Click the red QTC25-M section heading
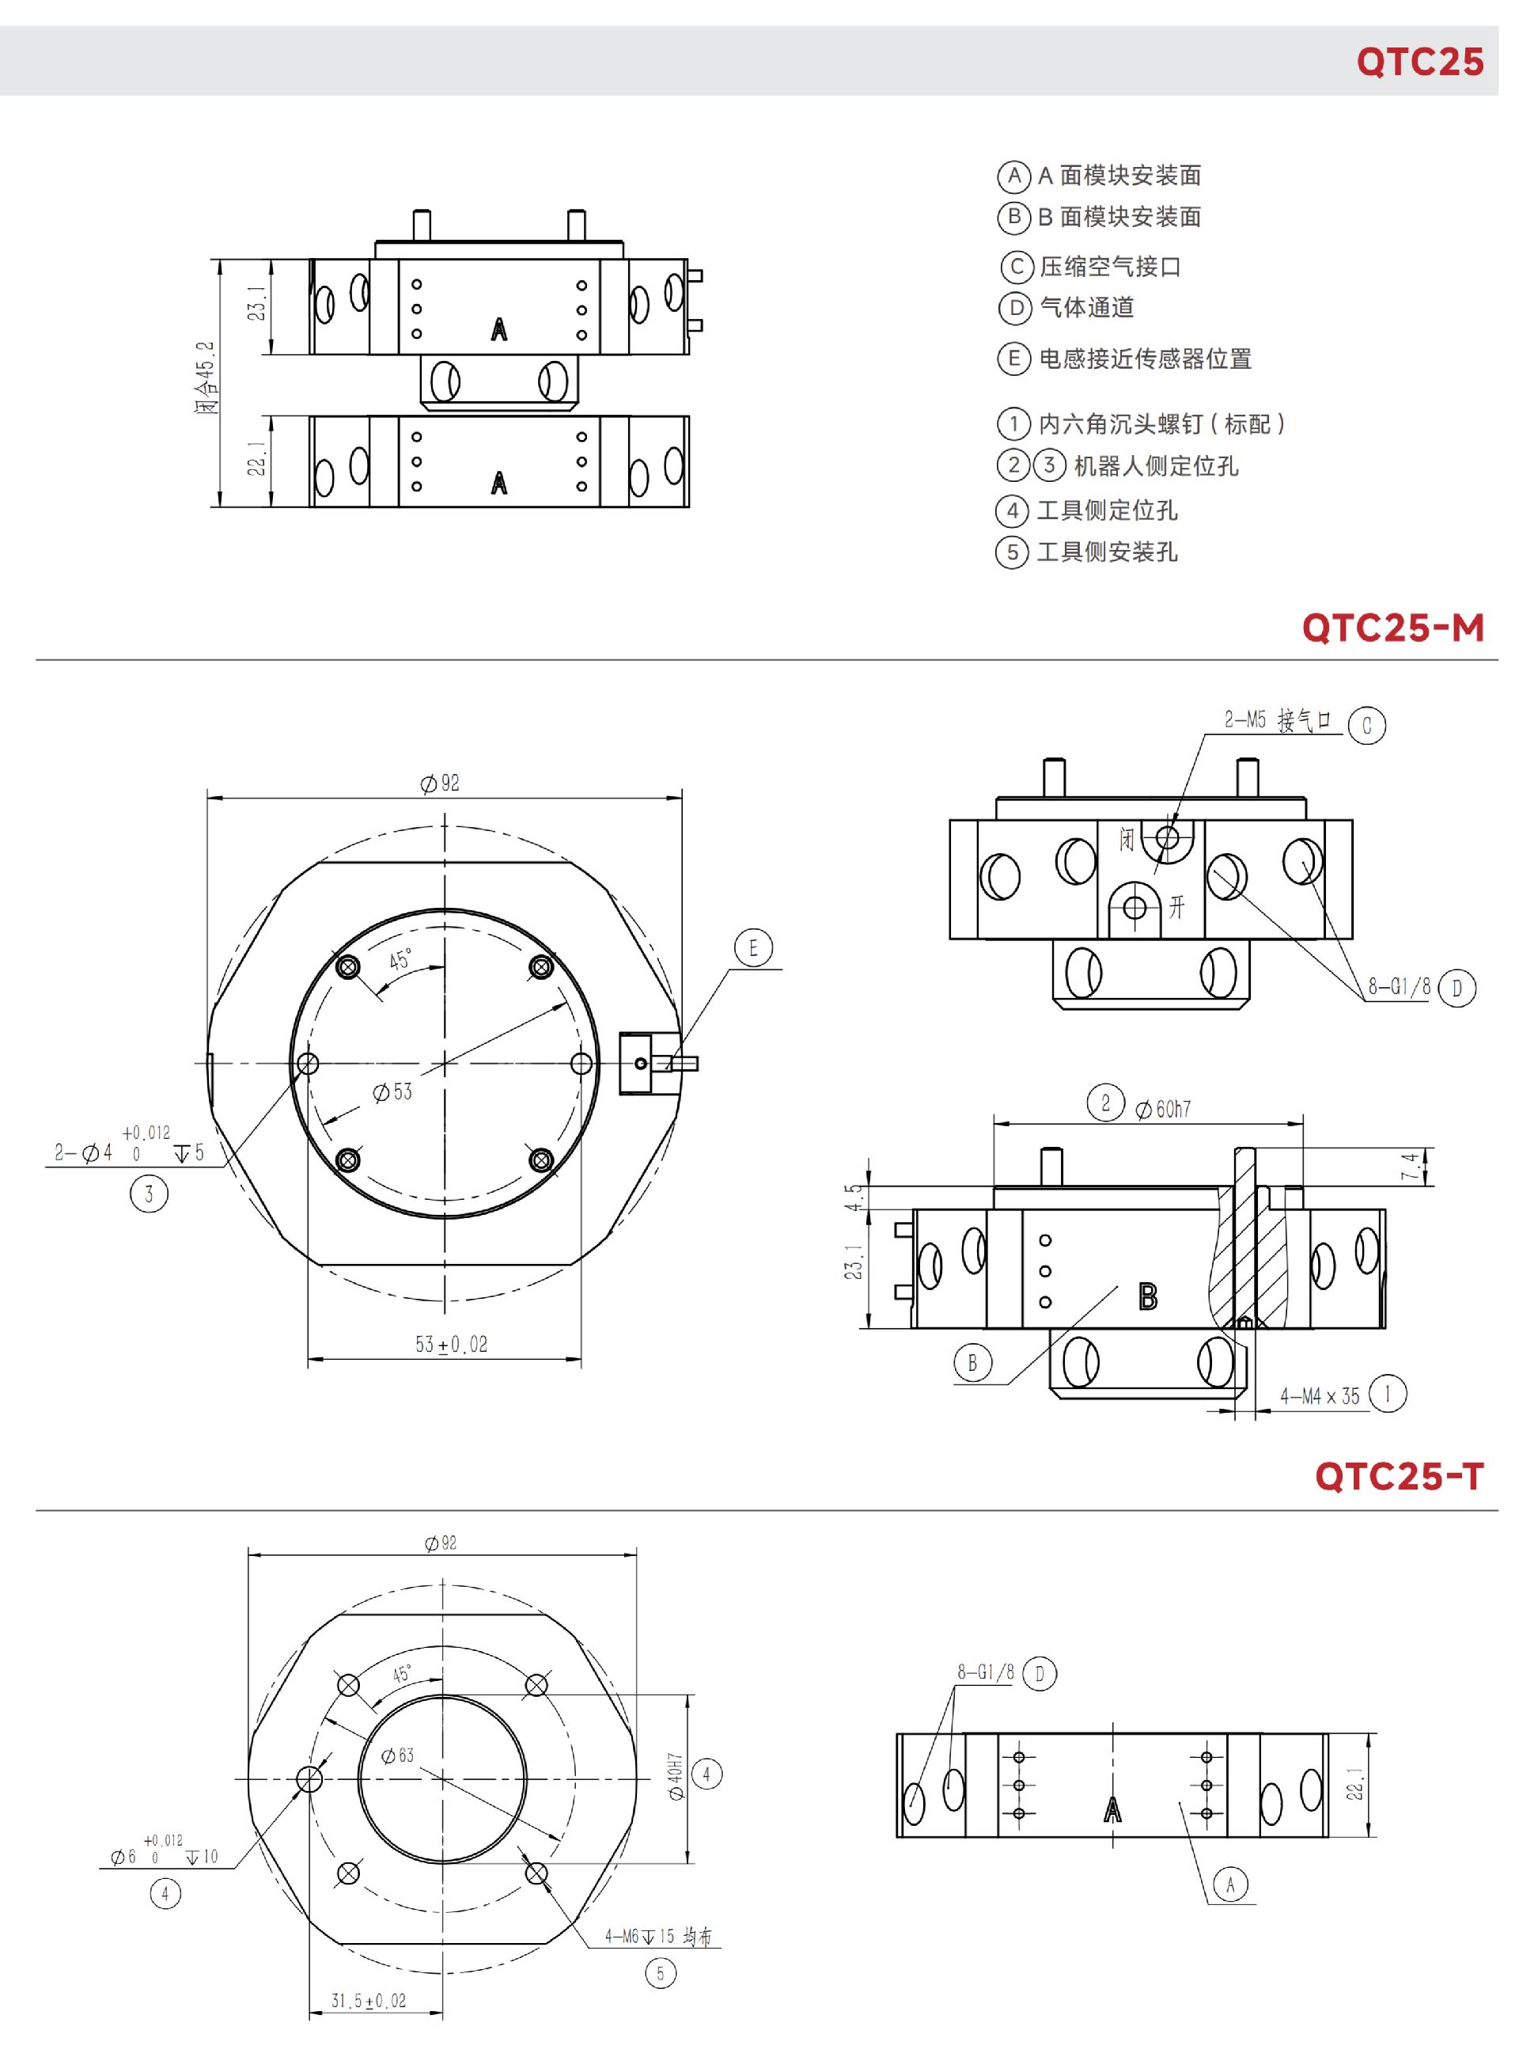[x=1393, y=628]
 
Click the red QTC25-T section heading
[x=1400, y=1476]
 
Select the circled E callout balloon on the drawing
[x=753, y=948]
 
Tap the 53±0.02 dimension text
[x=452, y=1345]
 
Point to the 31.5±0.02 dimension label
[x=369, y=2000]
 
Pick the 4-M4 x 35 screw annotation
[x=1320, y=1396]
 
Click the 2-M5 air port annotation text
[x=1277, y=720]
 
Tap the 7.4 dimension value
[x=1409, y=1166]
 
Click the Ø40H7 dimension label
[x=676, y=1775]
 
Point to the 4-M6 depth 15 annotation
[x=657, y=1936]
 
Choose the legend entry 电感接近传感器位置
[x=1145, y=359]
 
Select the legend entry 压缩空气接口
[x=1110, y=267]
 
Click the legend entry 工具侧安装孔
[x=1107, y=552]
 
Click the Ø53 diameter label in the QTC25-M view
[x=392, y=1091]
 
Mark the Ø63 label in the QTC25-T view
[x=398, y=1755]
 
